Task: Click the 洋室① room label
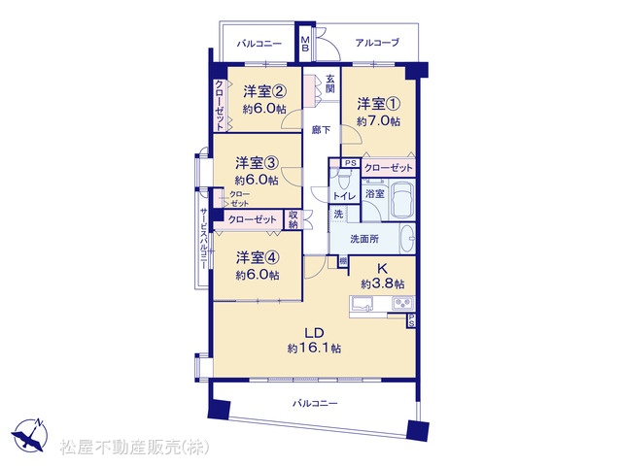(x=378, y=104)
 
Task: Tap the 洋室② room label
(x=264, y=92)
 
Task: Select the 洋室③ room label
(x=257, y=163)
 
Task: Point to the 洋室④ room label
(x=258, y=258)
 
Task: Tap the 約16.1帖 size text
(x=314, y=349)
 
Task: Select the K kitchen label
(x=382, y=269)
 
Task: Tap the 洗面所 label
(x=364, y=239)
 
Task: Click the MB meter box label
(x=305, y=44)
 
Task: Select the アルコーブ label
(x=377, y=43)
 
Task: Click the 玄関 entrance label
(x=330, y=83)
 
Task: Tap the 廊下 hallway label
(x=321, y=130)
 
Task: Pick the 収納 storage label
(x=294, y=220)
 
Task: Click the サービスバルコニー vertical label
(x=203, y=239)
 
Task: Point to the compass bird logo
(x=29, y=436)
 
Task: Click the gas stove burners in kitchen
(x=403, y=304)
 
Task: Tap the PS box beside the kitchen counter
(x=411, y=320)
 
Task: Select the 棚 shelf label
(x=343, y=262)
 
